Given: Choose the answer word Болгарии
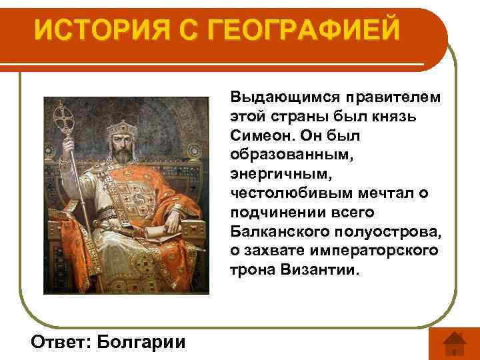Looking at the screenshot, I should (141, 341).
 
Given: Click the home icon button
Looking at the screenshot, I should (453, 343).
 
